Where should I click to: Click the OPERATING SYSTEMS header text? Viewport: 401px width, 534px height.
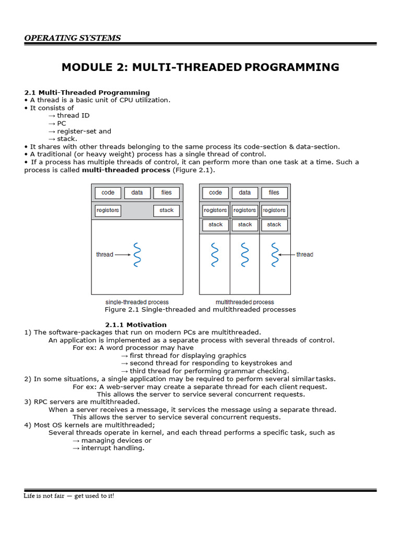click(73, 38)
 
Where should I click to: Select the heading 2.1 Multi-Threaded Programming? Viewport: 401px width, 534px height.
click(87, 92)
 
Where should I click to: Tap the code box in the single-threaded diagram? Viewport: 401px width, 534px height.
click(108, 192)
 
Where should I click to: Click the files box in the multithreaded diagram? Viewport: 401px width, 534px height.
click(274, 192)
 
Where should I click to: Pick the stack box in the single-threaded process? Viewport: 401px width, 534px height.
click(167, 210)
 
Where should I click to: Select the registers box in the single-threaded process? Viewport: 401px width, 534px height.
click(108, 210)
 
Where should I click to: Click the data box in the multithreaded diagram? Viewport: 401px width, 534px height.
click(245, 192)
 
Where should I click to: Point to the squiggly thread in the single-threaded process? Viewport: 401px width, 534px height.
click(137, 254)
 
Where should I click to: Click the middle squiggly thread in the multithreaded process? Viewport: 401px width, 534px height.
click(245, 254)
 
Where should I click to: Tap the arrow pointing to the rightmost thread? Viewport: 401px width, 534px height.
click(286, 254)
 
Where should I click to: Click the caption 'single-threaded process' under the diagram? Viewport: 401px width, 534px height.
click(137, 302)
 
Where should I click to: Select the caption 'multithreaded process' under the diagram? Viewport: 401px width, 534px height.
click(244, 302)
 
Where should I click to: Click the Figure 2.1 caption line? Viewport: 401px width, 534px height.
click(200, 309)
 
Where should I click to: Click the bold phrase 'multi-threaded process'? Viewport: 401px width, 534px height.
click(126, 170)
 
